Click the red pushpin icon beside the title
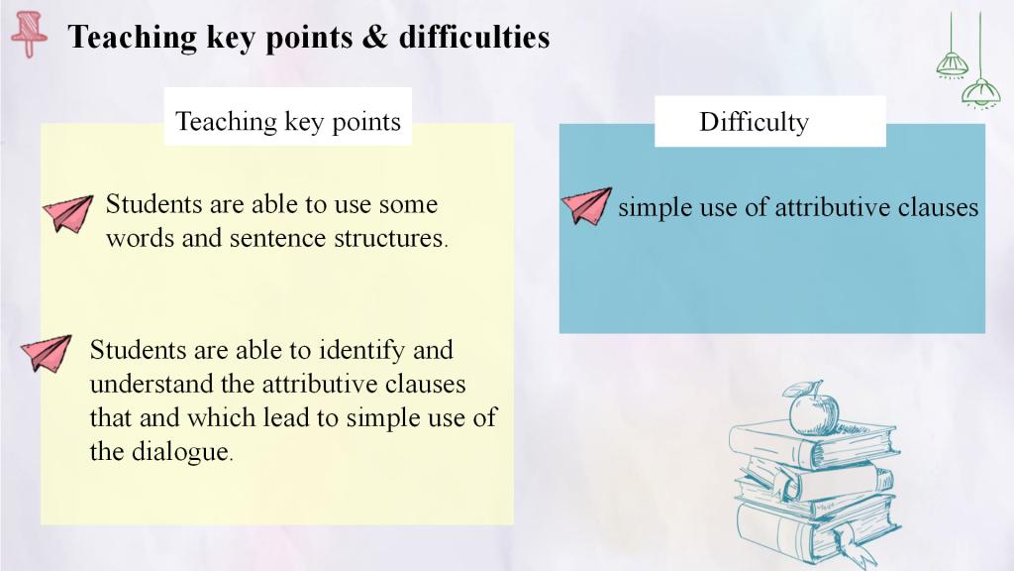(29, 35)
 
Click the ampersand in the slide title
(374, 37)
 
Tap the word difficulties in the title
(474, 37)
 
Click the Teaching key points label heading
(288, 121)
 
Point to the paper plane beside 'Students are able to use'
(68, 213)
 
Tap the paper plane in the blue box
(586, 206)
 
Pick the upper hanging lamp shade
(953, 64)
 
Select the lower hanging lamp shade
(981, 92)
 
